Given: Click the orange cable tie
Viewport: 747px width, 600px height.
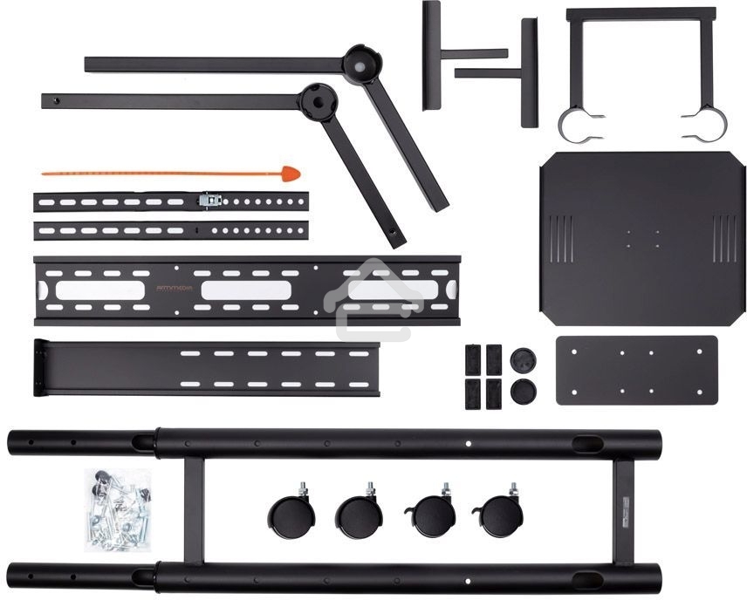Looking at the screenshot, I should tap(157, 173).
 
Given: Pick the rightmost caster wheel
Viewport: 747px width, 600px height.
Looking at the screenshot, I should tap(497, 515).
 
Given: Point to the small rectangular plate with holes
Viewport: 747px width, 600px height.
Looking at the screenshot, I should tap(636, 370).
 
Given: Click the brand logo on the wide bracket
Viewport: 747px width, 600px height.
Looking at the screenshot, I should tap(175, 285).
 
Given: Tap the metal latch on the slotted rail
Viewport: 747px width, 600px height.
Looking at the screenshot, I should tap(209, 200).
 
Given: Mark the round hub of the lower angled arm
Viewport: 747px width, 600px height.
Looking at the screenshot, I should tap(318, 100).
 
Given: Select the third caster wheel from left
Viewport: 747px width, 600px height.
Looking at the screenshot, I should tap(428, 515).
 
